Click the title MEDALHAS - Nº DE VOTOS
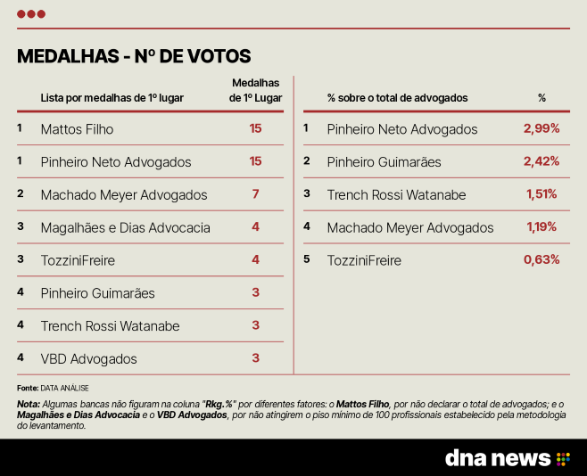pos(134,56)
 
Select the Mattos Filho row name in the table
pos(77,129)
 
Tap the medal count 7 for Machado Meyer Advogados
pos(256,194)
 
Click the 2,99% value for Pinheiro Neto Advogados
pos(542,128)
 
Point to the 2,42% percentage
pos(542,161)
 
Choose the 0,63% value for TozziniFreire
pos(542,259)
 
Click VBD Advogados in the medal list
pos(88,359)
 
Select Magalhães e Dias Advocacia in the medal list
pos(126,227)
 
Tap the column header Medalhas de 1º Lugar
pos(256,90)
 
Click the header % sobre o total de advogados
pos(398,98)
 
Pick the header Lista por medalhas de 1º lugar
pos(112,98)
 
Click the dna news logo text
pos(498,458)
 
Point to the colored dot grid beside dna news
pos(563,459)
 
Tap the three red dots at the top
pos(31,14)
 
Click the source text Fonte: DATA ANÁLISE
pos(53,388)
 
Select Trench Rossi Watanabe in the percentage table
pos(396,195)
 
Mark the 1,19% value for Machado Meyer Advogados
pos(542,226)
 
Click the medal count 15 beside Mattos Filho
pos(256,128)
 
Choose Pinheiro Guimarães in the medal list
pos(98,293)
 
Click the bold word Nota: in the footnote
pos(29,404)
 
